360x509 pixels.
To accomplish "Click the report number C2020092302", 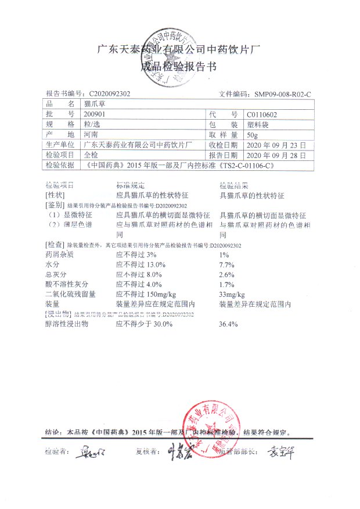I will click(110, 94).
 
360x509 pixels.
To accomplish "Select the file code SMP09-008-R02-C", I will click(283, 94).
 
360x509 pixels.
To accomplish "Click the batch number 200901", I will click(94, 114).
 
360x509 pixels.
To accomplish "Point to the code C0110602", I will click(262, 114).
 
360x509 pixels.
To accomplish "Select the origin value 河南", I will click(91, 135).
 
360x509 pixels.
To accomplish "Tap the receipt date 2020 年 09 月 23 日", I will click(274, 145).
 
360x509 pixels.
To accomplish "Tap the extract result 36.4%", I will click(228, 324).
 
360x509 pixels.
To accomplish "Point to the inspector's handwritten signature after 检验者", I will click(88, 451).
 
